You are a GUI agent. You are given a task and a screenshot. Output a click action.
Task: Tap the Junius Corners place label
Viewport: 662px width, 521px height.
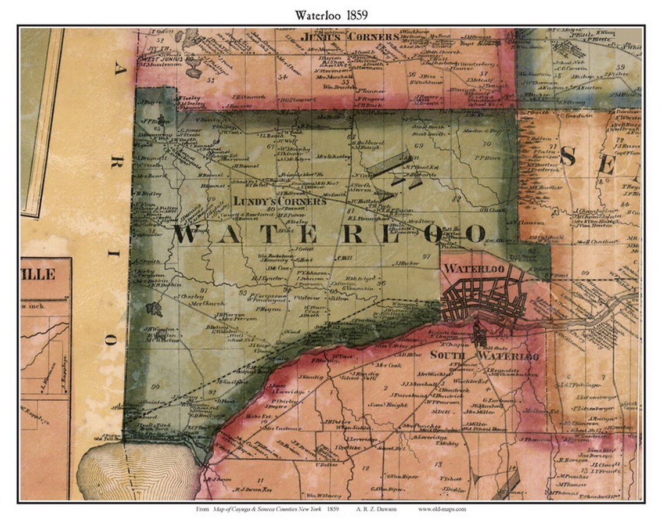pyautogui.click(x=350, y=37)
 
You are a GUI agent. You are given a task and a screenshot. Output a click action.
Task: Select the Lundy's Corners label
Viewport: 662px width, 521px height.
pyautogui.click(x=280, y=201)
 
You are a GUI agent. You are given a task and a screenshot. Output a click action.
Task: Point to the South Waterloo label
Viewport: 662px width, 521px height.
pyautogui.click(x=484, y=355)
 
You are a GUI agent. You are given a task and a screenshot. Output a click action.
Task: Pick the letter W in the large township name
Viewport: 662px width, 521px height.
pyautogui.click(x=189, y=234)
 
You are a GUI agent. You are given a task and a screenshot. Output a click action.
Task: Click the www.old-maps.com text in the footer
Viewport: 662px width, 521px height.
pyautogui.click(x=441, y=509)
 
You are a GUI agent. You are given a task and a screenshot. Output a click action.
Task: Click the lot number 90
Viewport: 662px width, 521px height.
pyautogui.click(x=154, y=387)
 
